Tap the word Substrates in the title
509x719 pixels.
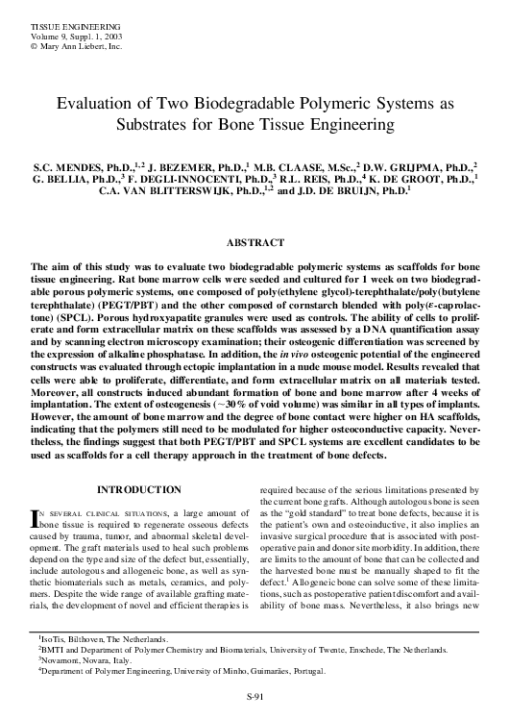point(162,125)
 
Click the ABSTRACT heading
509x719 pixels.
point(254,243)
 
